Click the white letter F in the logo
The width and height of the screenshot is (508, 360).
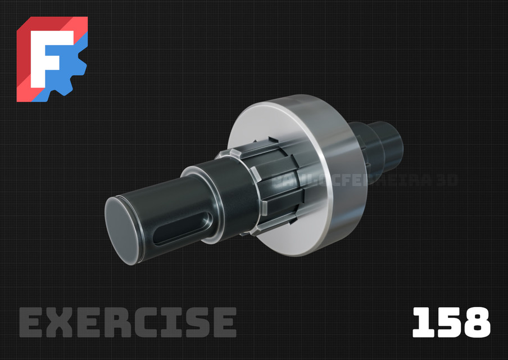click(x=47, y=56)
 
